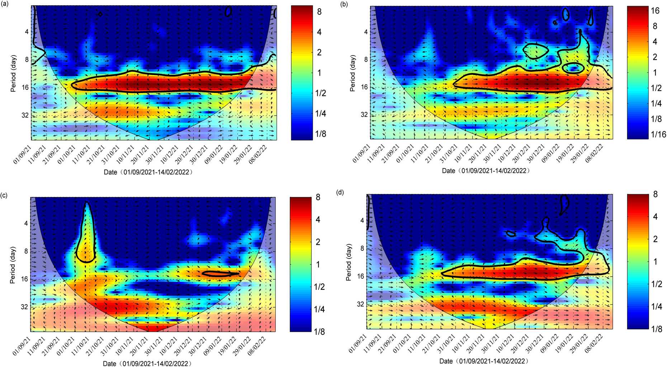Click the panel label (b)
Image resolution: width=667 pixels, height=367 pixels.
[344, 5]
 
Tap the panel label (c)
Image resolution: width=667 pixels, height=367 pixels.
[4, 196]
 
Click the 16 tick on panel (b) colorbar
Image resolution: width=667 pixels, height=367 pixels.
[655, 11]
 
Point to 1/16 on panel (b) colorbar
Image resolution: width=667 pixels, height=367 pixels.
[658, 135]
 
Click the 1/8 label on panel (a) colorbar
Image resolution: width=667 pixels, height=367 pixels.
[321, 134]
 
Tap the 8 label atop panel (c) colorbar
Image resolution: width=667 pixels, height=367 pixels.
[318, 197]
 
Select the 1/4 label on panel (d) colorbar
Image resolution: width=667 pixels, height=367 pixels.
[657, 306]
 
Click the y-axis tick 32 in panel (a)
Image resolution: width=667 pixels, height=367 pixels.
[24, 116]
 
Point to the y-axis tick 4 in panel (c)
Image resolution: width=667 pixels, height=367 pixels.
[26, 224]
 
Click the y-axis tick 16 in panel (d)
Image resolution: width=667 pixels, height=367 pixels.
[360, 276]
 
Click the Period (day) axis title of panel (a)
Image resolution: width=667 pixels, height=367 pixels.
[14, 74]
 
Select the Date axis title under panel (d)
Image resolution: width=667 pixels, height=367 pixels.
[484, 361]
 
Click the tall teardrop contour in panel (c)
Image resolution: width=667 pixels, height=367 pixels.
[86, 233]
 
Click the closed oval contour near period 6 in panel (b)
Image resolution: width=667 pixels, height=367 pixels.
[536, 51]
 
